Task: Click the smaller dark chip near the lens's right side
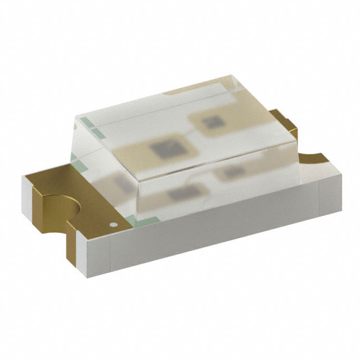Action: (x=212, y=123)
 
